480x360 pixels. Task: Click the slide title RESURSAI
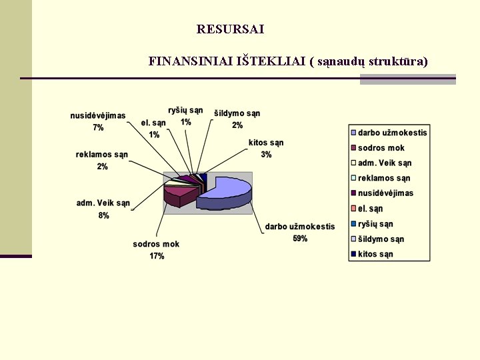231,29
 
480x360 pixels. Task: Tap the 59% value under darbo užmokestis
300,239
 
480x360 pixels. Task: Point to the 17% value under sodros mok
157,256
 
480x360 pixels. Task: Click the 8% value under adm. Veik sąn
103,215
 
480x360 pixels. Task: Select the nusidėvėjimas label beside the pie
98,116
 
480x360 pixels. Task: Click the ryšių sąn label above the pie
185,111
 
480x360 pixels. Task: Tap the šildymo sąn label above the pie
237,113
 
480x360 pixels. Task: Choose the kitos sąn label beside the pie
266,143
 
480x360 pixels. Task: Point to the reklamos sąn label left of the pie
102,155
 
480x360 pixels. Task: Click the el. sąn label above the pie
153,123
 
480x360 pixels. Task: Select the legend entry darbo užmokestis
392,133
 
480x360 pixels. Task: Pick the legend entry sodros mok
381,148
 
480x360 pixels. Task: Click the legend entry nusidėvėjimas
385,193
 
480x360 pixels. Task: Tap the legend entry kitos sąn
375,254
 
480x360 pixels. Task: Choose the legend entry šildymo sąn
381,239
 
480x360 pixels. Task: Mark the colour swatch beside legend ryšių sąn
353,224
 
